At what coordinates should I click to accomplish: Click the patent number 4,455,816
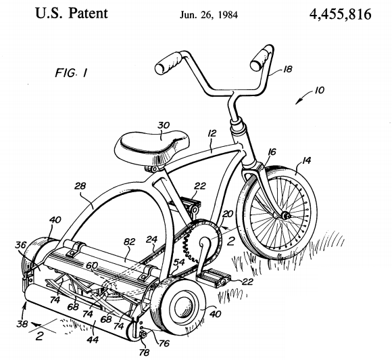coord(340,14)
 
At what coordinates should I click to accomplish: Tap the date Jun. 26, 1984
coord(209,15)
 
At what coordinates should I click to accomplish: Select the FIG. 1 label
coord(71,73)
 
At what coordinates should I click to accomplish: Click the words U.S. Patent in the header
coord(72,14)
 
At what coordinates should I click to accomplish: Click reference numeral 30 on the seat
coord(164,125)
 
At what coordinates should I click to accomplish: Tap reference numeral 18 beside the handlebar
coord(287,69)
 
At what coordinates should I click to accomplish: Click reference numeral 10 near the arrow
coord(319,90)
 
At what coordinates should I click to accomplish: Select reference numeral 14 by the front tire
coord(305,160)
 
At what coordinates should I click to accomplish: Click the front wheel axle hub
coord(285,215)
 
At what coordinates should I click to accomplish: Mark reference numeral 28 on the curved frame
coord(80,186)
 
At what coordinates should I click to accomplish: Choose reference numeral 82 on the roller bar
coord(129,242)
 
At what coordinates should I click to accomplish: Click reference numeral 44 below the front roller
coord(93,339)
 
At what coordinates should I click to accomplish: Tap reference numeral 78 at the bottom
coord(144,353)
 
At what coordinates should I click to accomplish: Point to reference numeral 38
coord(22,323)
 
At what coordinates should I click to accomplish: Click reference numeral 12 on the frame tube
coord(212,133)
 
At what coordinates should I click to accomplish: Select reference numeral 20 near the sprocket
coord(228,214)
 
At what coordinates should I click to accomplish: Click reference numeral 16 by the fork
coord(272,152)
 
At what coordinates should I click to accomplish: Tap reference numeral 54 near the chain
coord(178,262)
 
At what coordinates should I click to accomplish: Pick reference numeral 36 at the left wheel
coord(20,245)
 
